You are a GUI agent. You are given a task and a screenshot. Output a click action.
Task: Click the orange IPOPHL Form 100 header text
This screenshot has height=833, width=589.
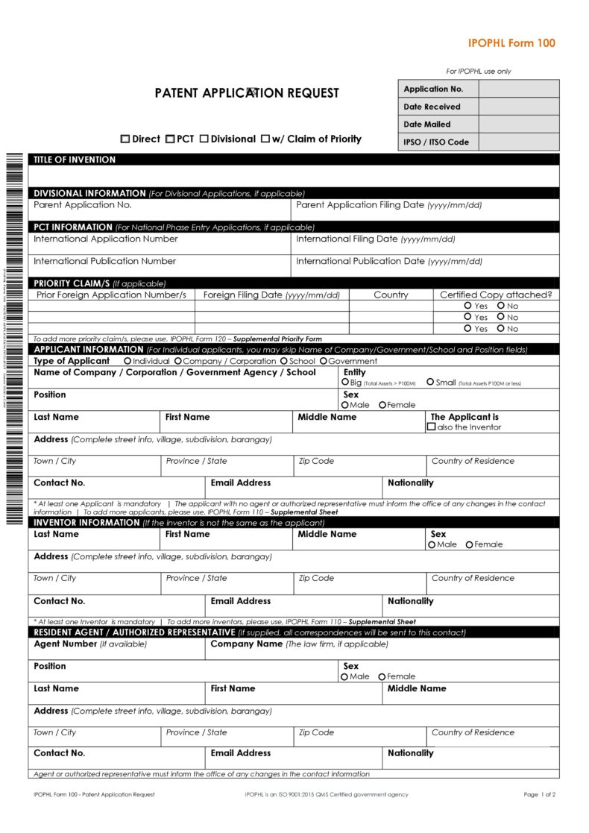(x=511, y=43)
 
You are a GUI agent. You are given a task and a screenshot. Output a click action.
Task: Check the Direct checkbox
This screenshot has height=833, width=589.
(x=125, y=139)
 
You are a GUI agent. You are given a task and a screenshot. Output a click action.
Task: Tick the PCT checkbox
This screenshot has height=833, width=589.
(x=170, y=139)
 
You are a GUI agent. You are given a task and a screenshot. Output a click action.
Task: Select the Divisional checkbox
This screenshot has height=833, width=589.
(x=204, y=139)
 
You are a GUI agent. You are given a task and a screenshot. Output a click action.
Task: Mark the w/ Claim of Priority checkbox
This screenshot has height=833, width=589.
(x=265, y=139)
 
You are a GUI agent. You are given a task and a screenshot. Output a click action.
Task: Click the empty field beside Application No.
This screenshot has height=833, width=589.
(x=518, y=89)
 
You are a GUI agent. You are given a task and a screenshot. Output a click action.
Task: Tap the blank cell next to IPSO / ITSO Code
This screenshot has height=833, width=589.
(x=518, y=142)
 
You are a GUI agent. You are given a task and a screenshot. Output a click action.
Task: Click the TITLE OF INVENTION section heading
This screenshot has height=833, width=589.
(x=75, y=160)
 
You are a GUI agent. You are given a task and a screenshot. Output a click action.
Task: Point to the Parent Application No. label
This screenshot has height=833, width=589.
(x=82, y=205)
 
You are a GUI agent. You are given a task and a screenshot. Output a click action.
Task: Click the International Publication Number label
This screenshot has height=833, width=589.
(x=104, y=261)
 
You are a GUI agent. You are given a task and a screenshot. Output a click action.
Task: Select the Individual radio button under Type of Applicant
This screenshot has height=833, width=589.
(x=127, y=361)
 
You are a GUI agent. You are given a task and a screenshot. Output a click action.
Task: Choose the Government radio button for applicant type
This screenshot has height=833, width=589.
(x=324, y=361)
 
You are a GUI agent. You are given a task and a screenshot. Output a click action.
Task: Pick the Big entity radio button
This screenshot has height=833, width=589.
(x=345, y=382)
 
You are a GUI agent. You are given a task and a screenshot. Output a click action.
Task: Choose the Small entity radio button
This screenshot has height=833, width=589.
(x=430, y=382)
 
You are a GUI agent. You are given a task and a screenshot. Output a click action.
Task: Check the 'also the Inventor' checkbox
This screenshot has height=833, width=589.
(x=431, y=427)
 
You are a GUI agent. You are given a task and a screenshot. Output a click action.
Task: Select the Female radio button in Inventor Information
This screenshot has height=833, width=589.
(x=469, y=544)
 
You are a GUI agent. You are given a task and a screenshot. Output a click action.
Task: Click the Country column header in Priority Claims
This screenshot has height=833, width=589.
(x=391, y=295)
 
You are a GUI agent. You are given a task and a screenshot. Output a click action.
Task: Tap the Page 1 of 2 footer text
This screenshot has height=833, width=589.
(x=540, y=794)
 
